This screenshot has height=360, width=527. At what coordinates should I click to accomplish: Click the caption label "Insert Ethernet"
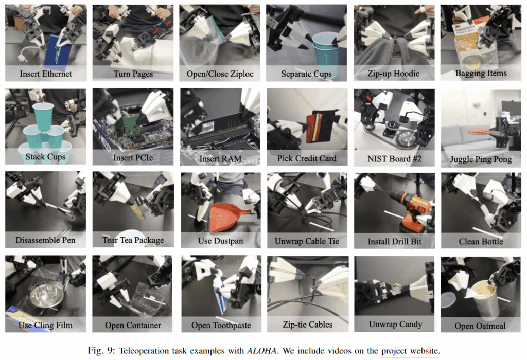(46, 74)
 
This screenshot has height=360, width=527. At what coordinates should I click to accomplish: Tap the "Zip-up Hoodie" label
(394, 74)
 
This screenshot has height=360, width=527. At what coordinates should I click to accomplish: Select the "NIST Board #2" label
(394, 159)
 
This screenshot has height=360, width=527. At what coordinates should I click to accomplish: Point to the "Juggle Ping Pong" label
(481, 159)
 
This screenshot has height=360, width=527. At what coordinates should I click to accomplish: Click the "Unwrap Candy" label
(395, 324)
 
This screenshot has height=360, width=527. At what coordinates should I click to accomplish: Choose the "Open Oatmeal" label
(480, 326)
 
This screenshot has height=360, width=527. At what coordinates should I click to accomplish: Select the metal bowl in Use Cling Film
(46, 296)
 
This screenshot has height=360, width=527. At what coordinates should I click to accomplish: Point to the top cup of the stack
(43, 116)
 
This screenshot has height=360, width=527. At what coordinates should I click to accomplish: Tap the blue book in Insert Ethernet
(59, 50)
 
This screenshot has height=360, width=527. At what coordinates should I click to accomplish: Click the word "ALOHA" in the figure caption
(261, 351)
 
